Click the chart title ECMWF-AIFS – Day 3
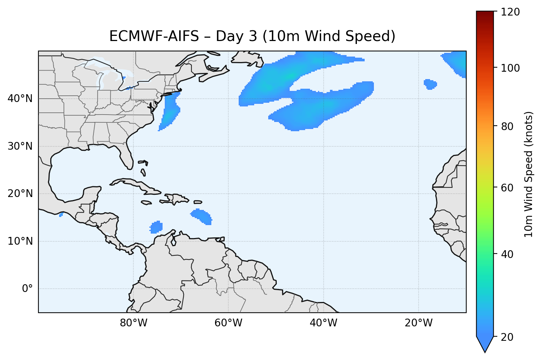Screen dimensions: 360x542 (252, 36)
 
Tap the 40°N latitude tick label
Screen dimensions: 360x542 (20, 99)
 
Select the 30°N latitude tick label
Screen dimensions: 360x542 (20, 146)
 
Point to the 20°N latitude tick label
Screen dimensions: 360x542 (20, 194)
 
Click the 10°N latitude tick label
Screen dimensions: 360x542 (20, 241)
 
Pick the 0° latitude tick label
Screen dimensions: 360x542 (27, 289)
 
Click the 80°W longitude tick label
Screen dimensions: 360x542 (133, 323)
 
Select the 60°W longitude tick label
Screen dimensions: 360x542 (228, 323)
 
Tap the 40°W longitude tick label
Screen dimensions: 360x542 (323, 323)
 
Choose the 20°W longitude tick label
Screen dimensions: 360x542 (419, 323)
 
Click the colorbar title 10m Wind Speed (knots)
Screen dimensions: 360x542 (529, 174)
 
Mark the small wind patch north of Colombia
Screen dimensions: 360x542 (156, 227)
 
